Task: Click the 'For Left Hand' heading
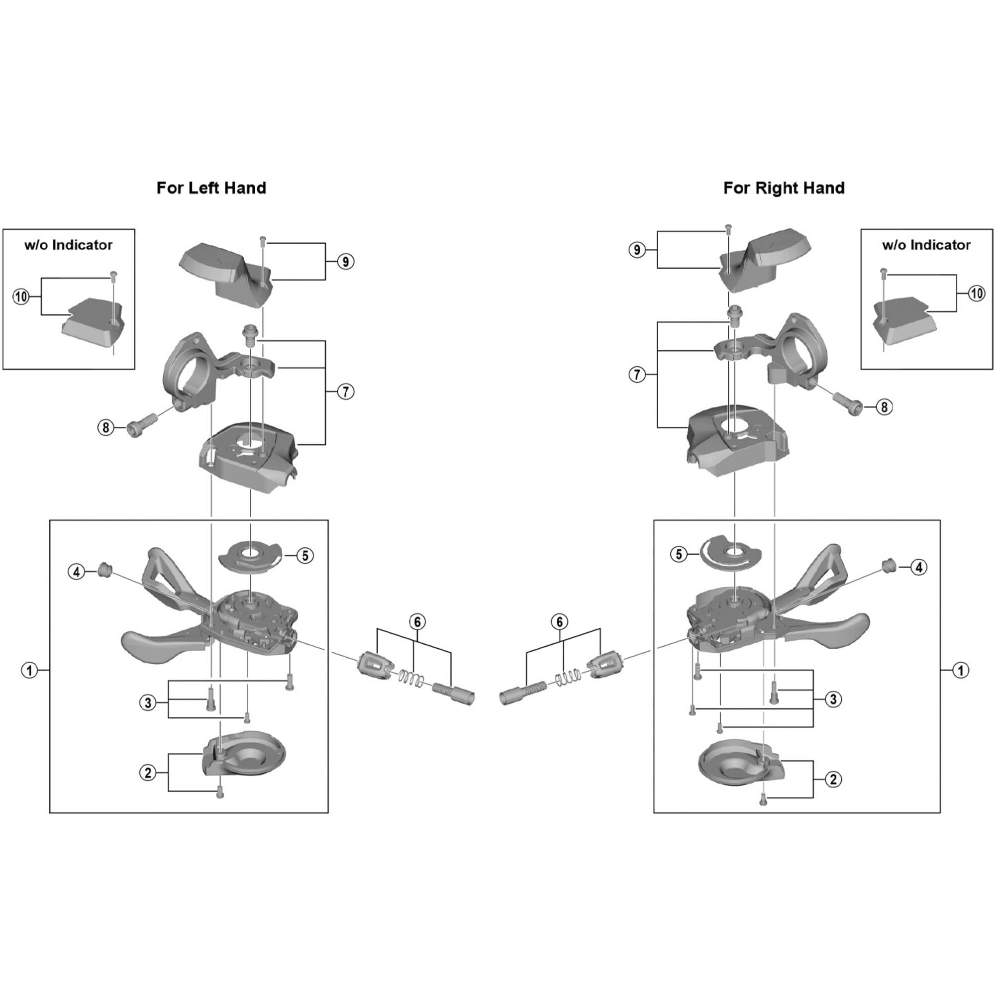pyautogui.click(x=211, y=188)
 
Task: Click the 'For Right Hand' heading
pyautogui.click(x=784, y=188)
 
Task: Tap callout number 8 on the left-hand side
pyautogui.click(x=105, y=427)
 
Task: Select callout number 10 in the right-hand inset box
pyautogui.click(x=977, y=294)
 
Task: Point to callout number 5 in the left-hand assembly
pyautogui.click(x=305, y=556)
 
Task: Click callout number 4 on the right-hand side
pyautogui.click(x=919, y=568)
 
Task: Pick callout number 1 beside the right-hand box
pyautogui.click(x=961, y=670)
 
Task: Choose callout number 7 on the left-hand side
pyautogui.click(x=346, y=392)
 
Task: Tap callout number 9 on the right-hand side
pyautogui.click(x=637, y=250)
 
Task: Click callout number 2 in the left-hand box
pyautogui.click(x=148, y=773)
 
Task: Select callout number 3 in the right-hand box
pyautogui.click(x=833, y=699)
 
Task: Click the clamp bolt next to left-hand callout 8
pyautogui.click(x=141, y=423)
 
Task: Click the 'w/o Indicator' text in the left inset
pyautogui.click(x=69, y=245)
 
